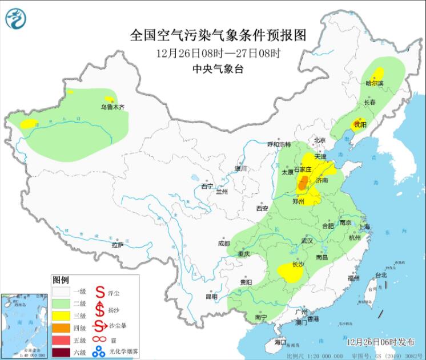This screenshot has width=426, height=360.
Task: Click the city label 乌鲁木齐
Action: pyautogui.click(x=112, y=107)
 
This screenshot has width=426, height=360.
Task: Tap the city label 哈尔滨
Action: pyautogui.click(x=375, y=83)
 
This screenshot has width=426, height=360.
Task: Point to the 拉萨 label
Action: pyautogui.click(x=117, y=245)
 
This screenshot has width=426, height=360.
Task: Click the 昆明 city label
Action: pyautogui.click(x=211, y=297)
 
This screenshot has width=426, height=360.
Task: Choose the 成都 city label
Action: pyautogui.click(x=224, y=243)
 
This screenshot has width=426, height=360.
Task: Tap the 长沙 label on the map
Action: pyautogui.click(x=298, y=265)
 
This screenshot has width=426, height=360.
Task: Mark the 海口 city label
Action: pyautogui.click(x=280, y=342)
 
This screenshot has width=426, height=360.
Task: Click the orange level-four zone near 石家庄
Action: pyautogui.click(x=304, y=184)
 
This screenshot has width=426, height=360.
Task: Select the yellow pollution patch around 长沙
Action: pyautogui.click(x=290, y=273)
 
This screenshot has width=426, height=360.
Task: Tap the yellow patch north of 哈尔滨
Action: pyautogui.click(x=377, y=73)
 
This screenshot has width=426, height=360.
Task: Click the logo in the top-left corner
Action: pyautogui.click(x=15, y=19)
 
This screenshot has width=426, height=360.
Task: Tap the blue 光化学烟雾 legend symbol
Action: pyautogui.click(x=100, y=351)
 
